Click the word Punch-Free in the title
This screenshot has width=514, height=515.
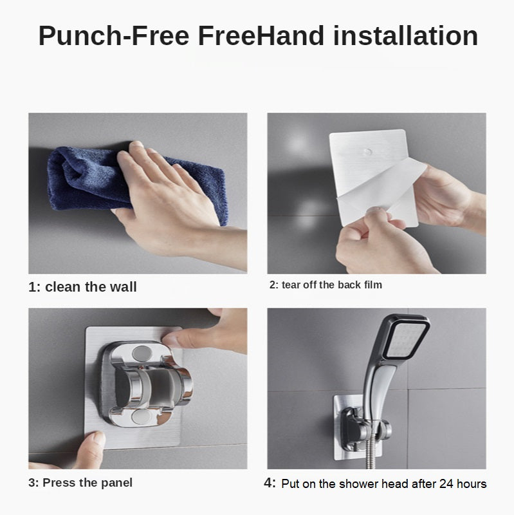click(114, 36)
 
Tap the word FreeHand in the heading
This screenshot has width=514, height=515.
click(261, 35)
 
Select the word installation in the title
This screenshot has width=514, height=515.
click(405, 35)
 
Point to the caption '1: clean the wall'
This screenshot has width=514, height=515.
click(82, 286)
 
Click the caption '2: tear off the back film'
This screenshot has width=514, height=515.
click(326, 285)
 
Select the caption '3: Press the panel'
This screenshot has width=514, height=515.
click(80, 482)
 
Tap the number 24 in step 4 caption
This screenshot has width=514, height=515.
click(446, 484)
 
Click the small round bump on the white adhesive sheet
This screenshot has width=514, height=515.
click(368, 152)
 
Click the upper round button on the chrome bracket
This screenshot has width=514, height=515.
click(141, 353)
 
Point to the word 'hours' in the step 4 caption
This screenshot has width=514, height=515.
click(472, 484)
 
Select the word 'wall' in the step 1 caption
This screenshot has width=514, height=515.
click(123, 286)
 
